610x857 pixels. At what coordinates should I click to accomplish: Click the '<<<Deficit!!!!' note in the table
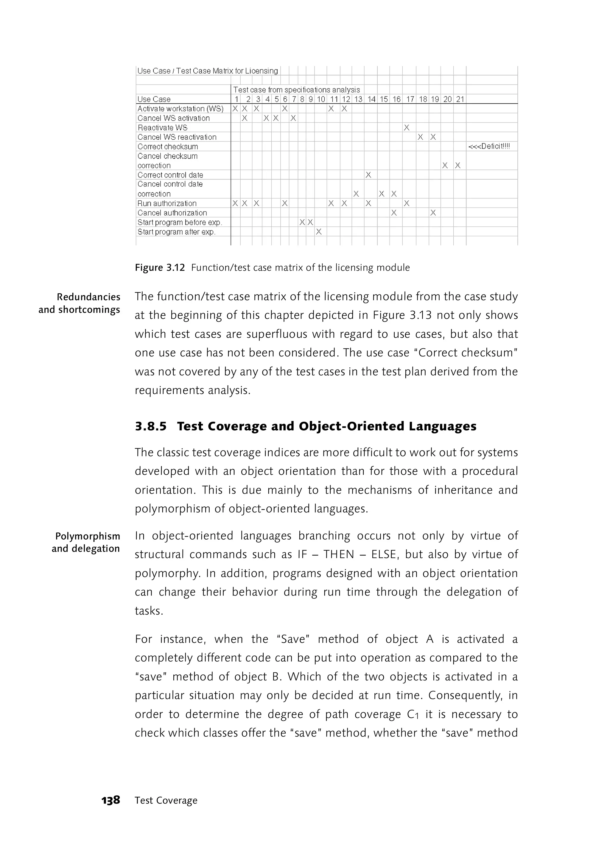tap(489, 147)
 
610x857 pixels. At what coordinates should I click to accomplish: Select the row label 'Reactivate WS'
tap(162, 128)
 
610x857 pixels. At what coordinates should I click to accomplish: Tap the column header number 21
tap(460, 99)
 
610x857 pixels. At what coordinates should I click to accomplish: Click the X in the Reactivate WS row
tap(406, 128)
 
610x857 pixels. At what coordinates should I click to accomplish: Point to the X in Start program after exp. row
tap(318, 232)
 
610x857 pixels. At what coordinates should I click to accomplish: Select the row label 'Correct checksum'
tap(167, 147)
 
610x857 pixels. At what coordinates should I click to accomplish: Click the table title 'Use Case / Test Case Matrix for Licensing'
tap(207, 71)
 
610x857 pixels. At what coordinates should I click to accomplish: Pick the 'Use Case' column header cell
tap(154, 99)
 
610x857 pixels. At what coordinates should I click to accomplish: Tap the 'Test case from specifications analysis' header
tap(296, 90)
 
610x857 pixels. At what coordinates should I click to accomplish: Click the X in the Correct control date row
tap(368, 175)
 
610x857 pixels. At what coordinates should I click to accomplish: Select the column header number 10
tap(321, 99)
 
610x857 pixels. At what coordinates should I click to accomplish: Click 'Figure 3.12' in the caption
tap(160, 268)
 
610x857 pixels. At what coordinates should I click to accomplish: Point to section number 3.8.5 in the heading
tap(151, 426)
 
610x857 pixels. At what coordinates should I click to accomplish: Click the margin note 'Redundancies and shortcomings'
tap(79, 303)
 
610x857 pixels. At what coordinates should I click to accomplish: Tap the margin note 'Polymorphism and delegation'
tap(86, 542)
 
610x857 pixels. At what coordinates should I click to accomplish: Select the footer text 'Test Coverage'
tap(166, 800)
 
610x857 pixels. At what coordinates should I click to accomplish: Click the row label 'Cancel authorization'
tap(172, 213)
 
